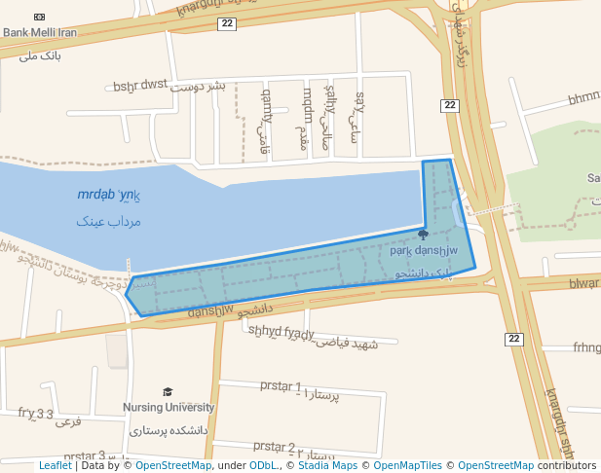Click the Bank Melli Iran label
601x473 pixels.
39,32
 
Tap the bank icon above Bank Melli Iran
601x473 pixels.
39,17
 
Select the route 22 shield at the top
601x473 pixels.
227,23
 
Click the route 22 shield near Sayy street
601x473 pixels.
449,105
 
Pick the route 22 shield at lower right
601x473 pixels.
513,339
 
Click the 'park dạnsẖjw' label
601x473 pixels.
423,251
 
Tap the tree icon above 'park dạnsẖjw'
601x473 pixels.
423,235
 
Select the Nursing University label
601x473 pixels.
169,407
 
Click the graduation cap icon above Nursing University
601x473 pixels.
169,392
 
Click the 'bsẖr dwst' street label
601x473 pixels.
140,86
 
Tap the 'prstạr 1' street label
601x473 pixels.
282,385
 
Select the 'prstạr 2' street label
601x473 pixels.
275,447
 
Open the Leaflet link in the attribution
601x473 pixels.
56,465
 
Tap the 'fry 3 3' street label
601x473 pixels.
36,413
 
